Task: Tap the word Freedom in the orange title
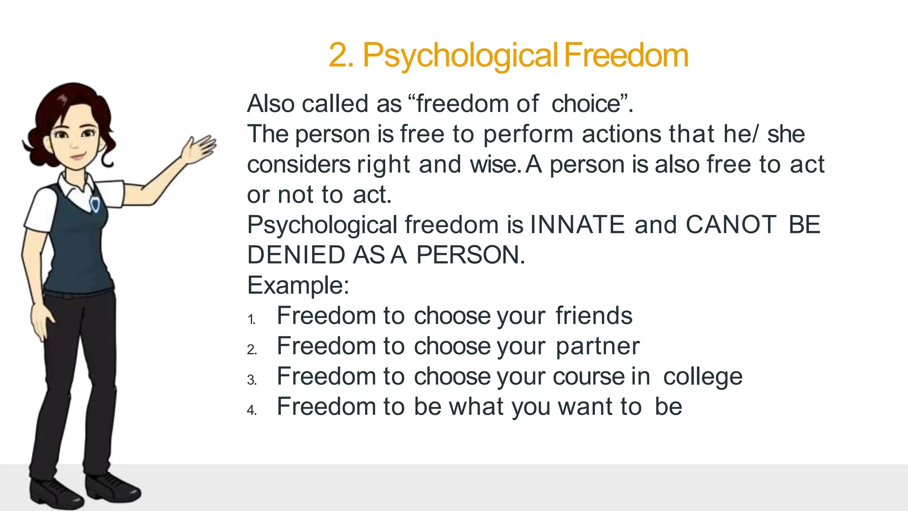coord(626,55)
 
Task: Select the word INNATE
coord(577,224)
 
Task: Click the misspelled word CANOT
coord(731,224)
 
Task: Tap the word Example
coord(297,285)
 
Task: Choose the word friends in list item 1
coord(594,316)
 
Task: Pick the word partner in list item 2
coord(597,346)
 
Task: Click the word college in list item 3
coord(703,377)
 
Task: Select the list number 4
coord(251,410)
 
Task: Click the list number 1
coord(251,319)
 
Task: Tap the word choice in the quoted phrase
coord(585,104)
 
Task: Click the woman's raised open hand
coord(200,149)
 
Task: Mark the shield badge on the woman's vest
coord(95,204)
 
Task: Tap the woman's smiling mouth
coord(78,157)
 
